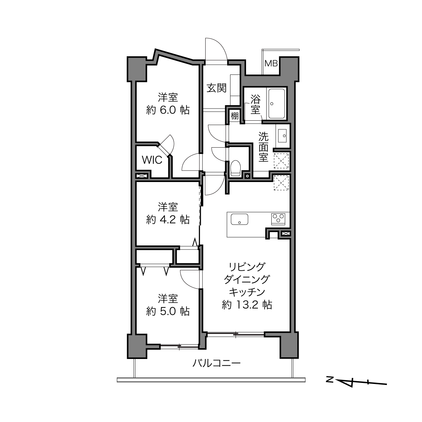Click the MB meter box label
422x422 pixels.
pyautogui.click(x=271, y=63)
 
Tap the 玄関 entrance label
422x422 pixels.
pyautogui.click(x=217, y=88)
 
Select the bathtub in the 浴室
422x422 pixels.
pyautogui.click(x=277, y=103)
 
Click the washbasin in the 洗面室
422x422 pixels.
pyautogui.click(x=282, y=135)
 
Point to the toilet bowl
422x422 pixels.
pyautogui.click(x=236, y=168)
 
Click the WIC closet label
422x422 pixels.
pyautogui.click(x=152, y=160)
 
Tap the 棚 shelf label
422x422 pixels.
pyautogui.click(x=235, y=116)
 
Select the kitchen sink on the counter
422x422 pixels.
pyautogui.click(x=240, y=219)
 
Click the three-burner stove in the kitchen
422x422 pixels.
pyautogui.click(x=278, y=219)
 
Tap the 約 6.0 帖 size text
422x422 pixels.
pyautogui.click(x=168, y=110)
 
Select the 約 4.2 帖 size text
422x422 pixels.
pyautogui.click(x=168, y=220)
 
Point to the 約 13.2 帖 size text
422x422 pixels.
pyautogui.click(x=247, y=305)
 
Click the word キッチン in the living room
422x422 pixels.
pyautogui.click(x=247, y=292)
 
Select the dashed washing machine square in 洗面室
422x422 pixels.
pyautogui.click(x=282, y=161)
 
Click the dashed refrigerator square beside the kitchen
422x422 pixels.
pyautogui.click(x=282, y=183)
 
